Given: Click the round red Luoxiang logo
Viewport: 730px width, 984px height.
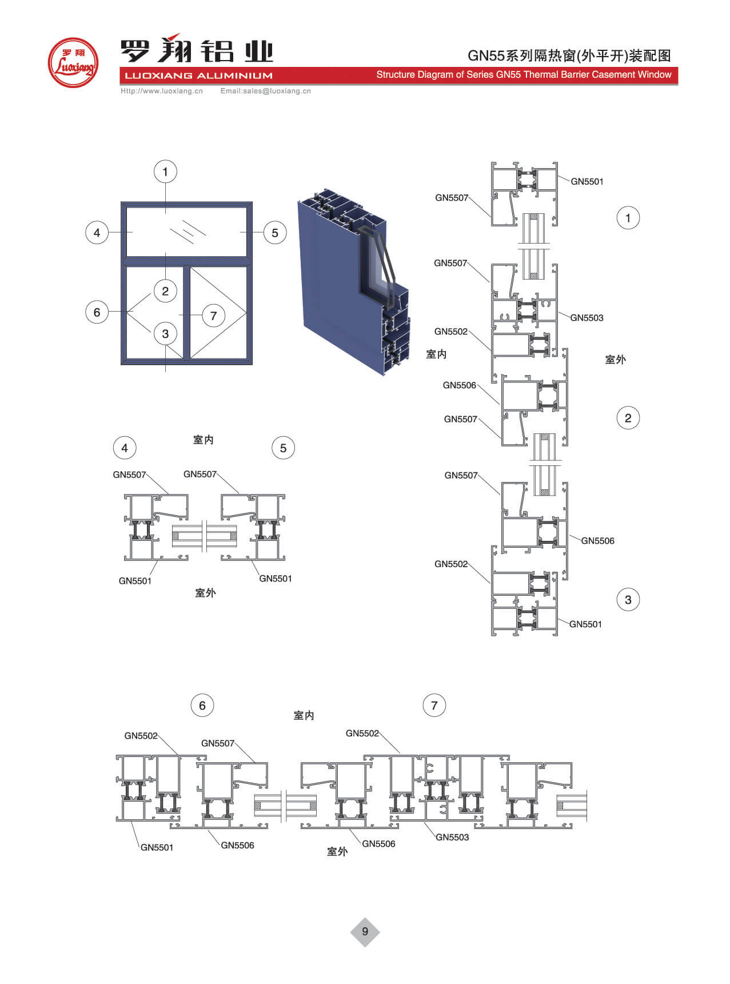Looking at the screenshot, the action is point(73,63).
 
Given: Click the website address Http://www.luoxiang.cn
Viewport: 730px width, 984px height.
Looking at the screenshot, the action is point(162,91).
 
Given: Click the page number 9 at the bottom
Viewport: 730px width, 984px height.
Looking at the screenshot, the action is point(365,931).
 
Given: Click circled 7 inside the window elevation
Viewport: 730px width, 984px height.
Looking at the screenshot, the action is point(213,316).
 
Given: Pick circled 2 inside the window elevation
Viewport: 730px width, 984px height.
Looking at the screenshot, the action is point(165,291).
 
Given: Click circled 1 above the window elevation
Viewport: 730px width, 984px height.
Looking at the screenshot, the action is point(165,172).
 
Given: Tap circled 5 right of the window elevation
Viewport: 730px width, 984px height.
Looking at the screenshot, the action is point(275,233).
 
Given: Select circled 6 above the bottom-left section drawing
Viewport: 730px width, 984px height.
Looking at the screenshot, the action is point(202,706).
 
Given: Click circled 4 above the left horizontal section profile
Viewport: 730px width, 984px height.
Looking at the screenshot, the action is point(125,448).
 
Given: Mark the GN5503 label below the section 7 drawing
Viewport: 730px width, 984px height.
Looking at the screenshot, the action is point(452,837).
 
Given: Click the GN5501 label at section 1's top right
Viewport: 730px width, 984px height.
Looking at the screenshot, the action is point(587,181).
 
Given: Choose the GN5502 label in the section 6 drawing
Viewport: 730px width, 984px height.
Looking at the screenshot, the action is point(141,736).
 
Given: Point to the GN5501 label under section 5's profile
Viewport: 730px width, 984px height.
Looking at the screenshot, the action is point(276,579).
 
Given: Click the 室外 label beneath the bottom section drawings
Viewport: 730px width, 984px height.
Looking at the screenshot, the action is point(337,851).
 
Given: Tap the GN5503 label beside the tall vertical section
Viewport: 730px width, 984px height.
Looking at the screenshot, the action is point(587,318).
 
